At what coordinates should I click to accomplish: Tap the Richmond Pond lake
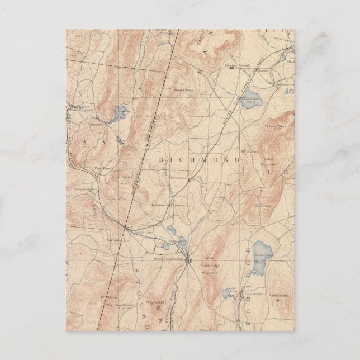pyautogui.click(x=252, y=96)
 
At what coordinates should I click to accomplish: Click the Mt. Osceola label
pyautogui.click(x=251, y=151)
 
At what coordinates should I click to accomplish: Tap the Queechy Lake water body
pyautogui.click(x=119, y=115)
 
